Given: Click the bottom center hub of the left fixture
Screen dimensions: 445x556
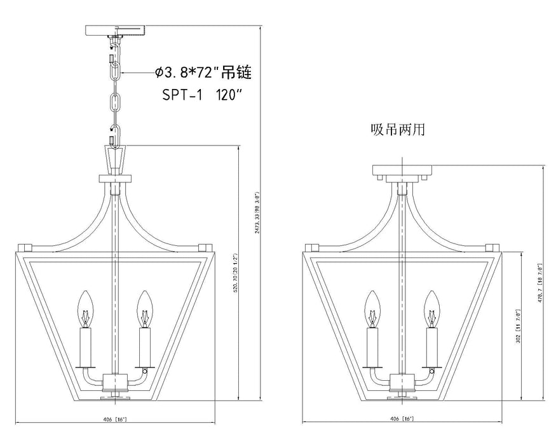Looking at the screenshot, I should (x=116, y=383).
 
